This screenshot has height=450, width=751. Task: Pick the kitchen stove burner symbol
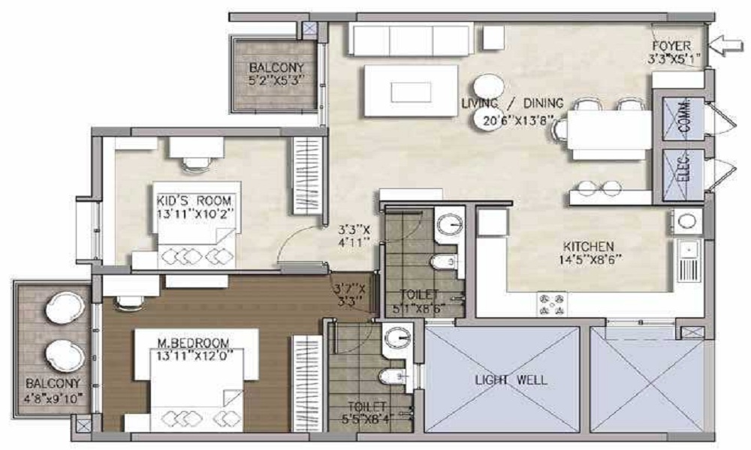(552, 303)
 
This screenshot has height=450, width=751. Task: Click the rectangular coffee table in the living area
(410, 91)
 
